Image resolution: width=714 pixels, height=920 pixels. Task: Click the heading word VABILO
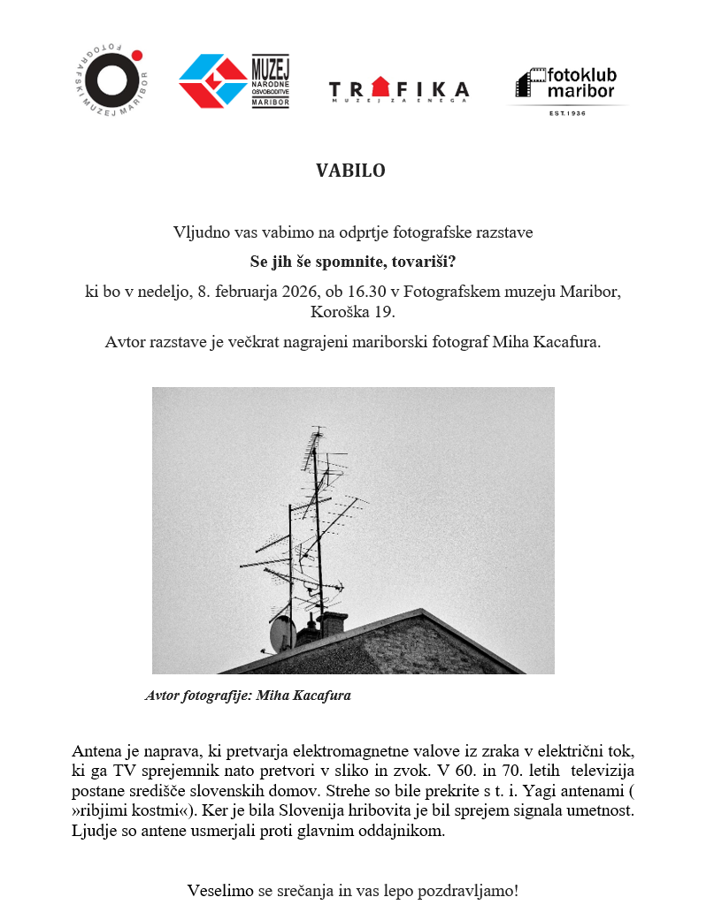click(x=350, y=171)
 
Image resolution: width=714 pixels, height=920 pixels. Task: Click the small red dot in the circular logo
click(x=137, y=56)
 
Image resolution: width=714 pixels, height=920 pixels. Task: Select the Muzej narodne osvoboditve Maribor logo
click(x=234, y=81)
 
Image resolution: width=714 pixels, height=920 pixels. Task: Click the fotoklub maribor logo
click(x=567, y=86)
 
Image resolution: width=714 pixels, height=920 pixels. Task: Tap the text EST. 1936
click(x=567, y=112)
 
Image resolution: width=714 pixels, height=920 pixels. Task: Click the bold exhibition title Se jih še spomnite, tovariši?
click(x=352, y=262)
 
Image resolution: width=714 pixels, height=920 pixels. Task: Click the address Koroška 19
click(x=352, y=312)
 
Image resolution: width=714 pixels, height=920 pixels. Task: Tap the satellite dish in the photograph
click(x=280, y=632)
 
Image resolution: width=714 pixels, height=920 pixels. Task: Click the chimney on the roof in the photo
click(x=333, y=624)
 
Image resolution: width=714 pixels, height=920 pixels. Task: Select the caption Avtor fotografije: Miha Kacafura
click(x=248, y=696)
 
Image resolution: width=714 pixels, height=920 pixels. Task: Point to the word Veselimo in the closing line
click(x=220, y=891)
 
